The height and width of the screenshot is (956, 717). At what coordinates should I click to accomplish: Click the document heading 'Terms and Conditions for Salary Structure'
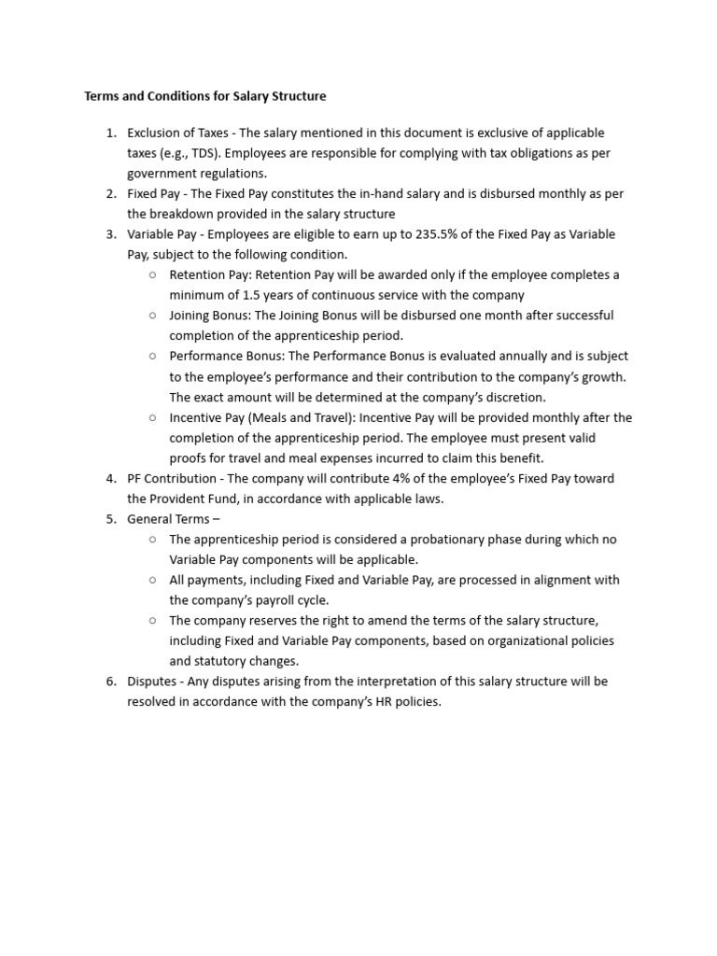[x=205, y=96]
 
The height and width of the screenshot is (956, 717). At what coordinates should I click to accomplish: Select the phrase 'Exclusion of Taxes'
[x=179, y=133]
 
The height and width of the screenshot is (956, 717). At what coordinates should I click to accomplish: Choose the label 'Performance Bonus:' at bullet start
[x=226, y=356]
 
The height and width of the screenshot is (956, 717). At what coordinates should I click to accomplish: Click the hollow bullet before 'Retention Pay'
[x=152, y=275]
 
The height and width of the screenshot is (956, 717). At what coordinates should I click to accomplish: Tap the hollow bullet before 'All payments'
[x=152, y=580]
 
